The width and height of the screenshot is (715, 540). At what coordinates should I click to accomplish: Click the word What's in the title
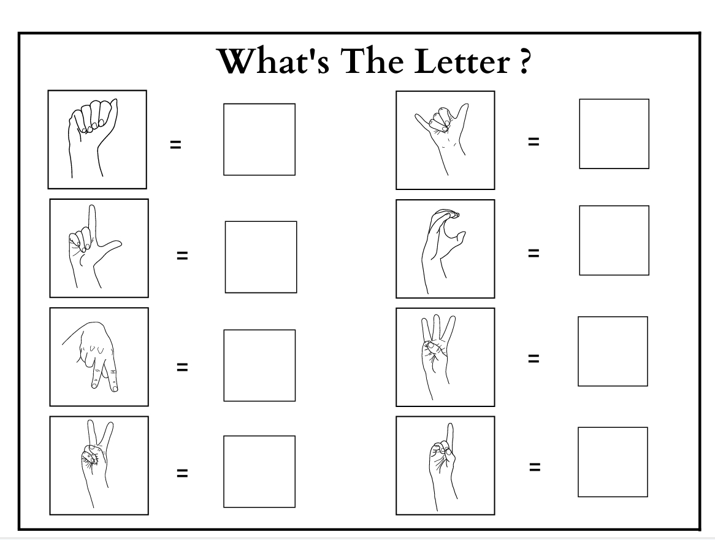(273, 61)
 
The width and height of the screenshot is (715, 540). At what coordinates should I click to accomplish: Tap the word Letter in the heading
(462, 61)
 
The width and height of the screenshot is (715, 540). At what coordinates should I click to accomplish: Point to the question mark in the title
(524, 61)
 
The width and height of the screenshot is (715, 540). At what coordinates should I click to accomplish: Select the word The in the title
(372, 61)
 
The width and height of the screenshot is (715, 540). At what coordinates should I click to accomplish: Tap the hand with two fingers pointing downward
(93, 356)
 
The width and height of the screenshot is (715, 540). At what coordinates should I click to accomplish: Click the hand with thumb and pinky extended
(442, 137)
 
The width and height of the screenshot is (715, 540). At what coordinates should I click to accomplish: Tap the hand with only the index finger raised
(442, 464)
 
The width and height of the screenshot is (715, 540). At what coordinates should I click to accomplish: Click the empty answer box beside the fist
(259, 139)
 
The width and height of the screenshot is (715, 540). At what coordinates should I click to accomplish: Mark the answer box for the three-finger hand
(613, 351)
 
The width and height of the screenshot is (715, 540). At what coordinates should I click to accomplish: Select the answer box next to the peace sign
(259, 471)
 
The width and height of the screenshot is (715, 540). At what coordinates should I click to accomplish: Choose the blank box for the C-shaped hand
(614, 240)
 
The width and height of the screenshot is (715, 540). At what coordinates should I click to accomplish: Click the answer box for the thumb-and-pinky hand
(614, 134)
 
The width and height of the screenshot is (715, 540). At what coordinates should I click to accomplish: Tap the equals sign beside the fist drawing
(175, 145)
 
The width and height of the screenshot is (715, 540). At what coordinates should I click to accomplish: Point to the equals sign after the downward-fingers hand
(182, 367)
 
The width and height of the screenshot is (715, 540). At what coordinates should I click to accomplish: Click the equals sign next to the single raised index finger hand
(535, 466)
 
